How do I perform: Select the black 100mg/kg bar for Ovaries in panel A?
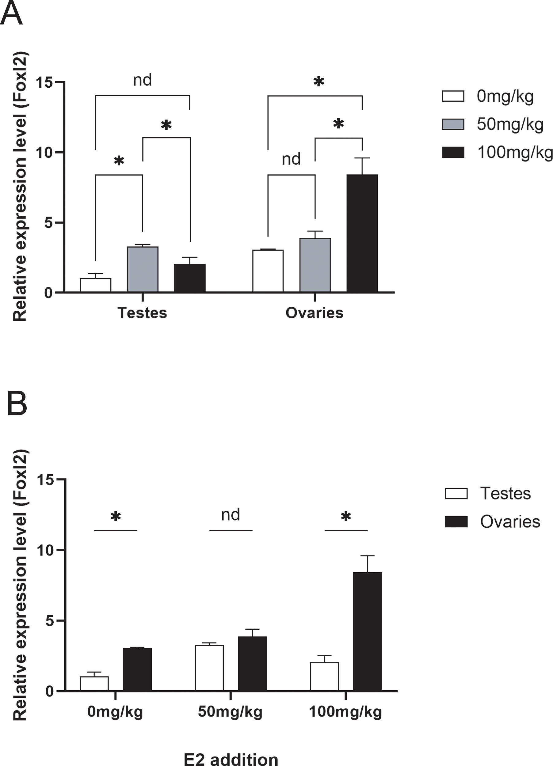[362, 233]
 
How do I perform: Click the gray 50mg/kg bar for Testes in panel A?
[143, 269]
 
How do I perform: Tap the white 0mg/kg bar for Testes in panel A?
[95, 285]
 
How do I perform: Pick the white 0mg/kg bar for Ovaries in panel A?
[268, 271]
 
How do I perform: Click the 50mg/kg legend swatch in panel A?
[453, 124]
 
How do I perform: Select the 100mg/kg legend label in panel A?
[514, 153]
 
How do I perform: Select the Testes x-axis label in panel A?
[142, 313]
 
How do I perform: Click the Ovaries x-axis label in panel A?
[314, 313]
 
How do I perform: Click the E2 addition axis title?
[231, 758]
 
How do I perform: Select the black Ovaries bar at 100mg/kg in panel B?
[367, 631]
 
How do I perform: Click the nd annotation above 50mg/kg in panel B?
[231, 515]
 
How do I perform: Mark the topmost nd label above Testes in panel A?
[142, 80]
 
